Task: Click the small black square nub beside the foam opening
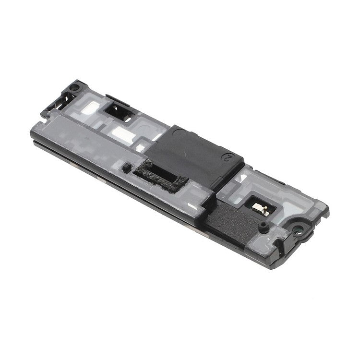126,168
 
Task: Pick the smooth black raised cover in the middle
192,154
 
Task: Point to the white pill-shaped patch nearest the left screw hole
89,108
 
